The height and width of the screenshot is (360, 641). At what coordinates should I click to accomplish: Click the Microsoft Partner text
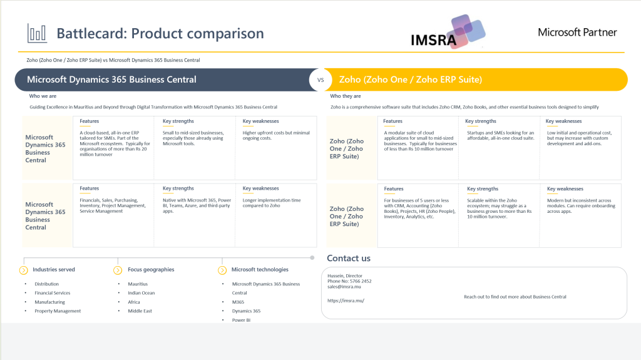click(x=577, y=33)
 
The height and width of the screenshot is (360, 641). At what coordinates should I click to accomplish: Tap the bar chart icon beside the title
click(x=37, y=33)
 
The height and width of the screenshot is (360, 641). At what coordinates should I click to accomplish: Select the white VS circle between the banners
click(x=320, y=80)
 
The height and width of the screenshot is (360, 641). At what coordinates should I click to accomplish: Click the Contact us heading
click(x=349, y=258)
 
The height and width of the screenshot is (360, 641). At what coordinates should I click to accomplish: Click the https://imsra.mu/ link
click(x=346, y=301)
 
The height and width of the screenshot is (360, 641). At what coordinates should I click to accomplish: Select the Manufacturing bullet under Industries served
click(x=49, y=302)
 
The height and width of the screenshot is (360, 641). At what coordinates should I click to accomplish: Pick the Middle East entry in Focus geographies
click(x=140, y=311)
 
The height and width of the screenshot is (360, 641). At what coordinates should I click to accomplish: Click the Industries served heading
click(x=54, y=270)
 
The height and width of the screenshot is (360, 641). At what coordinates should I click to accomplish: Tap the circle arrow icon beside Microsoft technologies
click(x=222, y=270)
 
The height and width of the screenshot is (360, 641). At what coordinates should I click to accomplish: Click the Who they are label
click(x=346, y=96)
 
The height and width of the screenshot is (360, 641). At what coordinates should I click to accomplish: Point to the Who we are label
click(x=43, y=96)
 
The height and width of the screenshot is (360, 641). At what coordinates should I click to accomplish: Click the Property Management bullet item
click(x=58, y=311)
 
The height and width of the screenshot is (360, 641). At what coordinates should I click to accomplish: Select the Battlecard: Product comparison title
click(x=160, y=33)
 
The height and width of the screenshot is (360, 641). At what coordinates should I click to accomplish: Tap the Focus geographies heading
click(x=151, y=270)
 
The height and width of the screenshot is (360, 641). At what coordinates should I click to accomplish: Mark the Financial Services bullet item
click(x=53, y=293)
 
